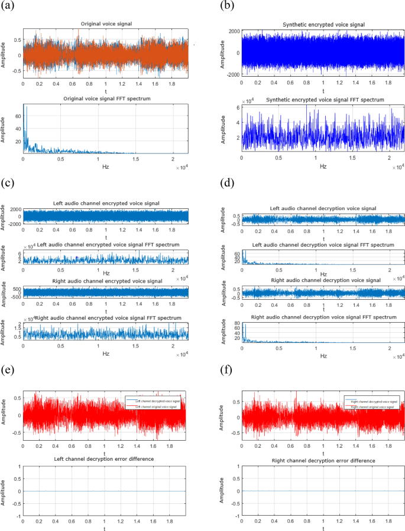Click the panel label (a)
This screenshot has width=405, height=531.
(11, 6)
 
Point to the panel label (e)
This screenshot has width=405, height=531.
(9, 371)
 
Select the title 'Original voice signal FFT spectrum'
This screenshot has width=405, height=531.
(105, 99)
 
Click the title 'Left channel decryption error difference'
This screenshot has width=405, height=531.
(104, 458)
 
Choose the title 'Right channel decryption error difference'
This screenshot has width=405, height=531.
(323, 460)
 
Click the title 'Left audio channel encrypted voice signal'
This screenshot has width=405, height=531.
(104, 204)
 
